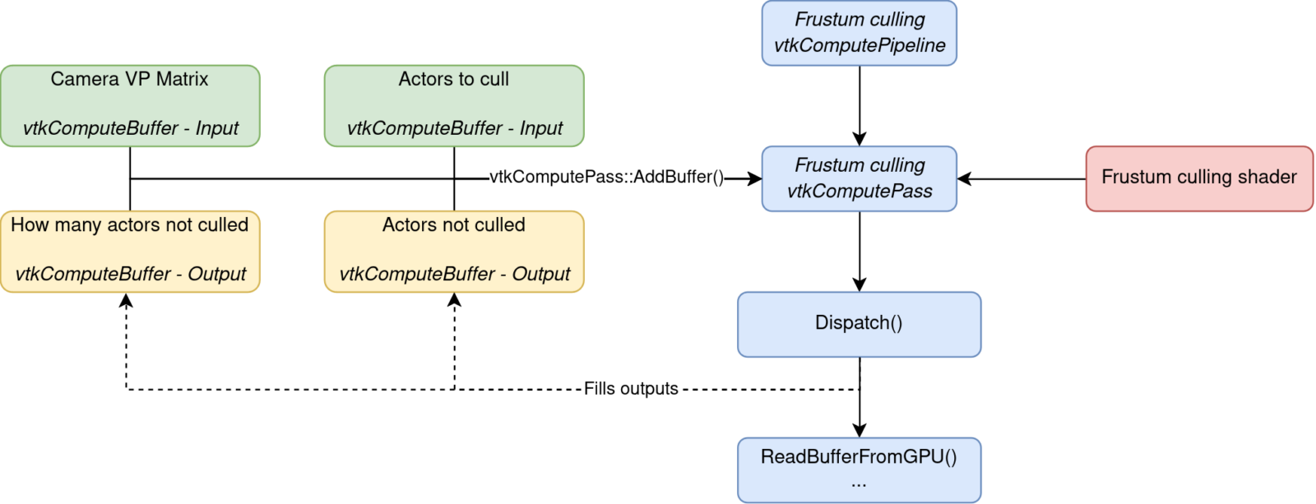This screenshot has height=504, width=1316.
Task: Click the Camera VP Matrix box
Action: [130, 106]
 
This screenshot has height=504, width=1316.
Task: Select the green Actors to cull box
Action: [454, 106]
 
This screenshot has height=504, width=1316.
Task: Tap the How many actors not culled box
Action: [130, 252]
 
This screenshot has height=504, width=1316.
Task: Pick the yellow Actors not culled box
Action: [454, 252]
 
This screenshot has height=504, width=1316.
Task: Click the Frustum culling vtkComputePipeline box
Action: [859, 33]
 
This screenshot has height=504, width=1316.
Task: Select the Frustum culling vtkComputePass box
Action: [859, 178]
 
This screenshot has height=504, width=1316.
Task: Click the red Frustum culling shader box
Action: [1199, 178]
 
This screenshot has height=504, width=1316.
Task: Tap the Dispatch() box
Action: [859, 324]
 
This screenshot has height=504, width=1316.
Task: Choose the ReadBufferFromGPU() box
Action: [859, 470]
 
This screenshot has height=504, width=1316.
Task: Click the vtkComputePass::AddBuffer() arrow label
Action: [606, 177]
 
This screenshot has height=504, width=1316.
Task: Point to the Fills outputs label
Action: [631, 388]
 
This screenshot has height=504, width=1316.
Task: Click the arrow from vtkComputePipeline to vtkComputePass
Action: [860, 106]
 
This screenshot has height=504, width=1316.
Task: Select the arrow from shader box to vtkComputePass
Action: [1022, 178]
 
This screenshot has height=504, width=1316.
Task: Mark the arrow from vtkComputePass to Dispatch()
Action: [860, 252]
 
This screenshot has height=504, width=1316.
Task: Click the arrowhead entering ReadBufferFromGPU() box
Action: [860, 431]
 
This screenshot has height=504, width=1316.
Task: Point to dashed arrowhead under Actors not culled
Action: [454, 299]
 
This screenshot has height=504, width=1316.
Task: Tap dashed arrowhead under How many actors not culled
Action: [126, 299]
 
